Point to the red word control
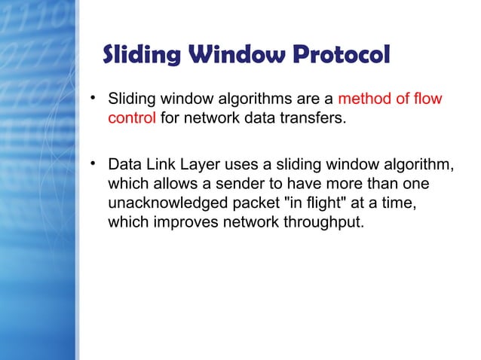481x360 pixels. tap(132, 118)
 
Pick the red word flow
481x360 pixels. tap(428, 99)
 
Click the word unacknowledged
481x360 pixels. tap(165, 204)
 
